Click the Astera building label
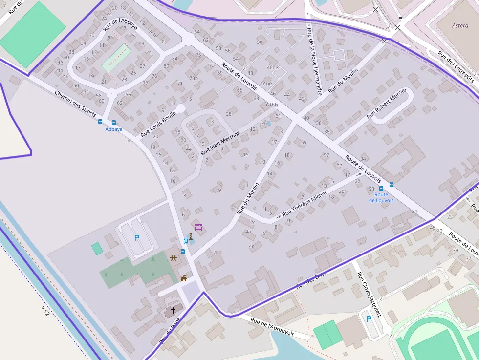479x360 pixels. (460, 25)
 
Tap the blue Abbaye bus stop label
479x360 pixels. (114, 129)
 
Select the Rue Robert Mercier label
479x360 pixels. (386, 103)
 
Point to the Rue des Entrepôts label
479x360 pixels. (455, 68)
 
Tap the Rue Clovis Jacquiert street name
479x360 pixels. (369, 295)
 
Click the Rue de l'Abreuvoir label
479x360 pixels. (272, 328)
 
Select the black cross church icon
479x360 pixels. (173, 310)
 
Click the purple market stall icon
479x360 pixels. (198, 227)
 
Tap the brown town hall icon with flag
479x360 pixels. (184, 278)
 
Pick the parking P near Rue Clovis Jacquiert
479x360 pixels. (369, 319)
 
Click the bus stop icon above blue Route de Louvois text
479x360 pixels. (392, 185)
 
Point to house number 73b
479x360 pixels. (194, 78)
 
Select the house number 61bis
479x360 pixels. (272, 105)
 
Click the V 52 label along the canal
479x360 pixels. (45, 311)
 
